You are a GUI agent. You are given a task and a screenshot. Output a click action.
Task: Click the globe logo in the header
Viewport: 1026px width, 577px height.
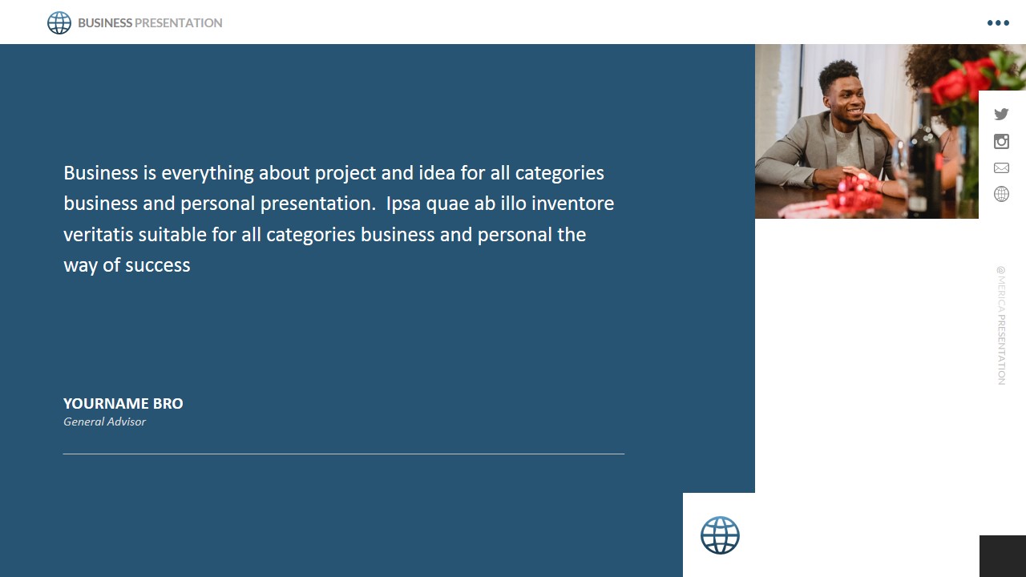(x=59, y=23)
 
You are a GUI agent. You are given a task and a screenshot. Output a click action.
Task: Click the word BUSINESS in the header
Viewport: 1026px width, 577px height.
(x=105, y=23)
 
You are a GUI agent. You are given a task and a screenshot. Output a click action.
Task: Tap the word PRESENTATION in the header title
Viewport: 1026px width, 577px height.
(x=178, y=23)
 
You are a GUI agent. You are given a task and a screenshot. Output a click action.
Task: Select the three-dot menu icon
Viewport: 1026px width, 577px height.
(x=998, y=23)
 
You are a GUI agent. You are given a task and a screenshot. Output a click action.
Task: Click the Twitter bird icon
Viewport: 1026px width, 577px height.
(x=1001, y=114)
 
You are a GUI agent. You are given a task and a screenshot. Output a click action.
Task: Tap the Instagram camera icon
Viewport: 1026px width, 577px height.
(x=1001, y=142)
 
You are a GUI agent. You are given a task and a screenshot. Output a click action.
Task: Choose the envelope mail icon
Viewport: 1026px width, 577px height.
(x=1001, y=168)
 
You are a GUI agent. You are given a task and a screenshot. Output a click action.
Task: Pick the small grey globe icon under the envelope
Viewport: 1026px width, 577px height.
(x=1001, y=194)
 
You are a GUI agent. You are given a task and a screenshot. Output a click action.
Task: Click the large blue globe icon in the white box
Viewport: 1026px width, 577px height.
(x=720, y=535)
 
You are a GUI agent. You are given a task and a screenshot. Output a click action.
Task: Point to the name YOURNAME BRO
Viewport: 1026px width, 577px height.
(x=123, y=403)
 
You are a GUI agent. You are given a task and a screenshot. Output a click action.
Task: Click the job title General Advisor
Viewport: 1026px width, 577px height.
(x=104, y=422)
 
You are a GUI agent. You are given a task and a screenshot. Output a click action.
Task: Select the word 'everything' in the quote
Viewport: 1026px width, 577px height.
(x=208, y=174)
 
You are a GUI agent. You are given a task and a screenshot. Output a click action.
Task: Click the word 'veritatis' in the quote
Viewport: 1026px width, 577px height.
(x=99, y=235)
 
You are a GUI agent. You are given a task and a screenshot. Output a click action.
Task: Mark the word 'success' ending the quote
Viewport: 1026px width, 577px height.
(x=158, y=266)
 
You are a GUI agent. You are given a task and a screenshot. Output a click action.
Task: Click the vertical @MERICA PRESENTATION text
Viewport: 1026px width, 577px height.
(x=1001, y=325)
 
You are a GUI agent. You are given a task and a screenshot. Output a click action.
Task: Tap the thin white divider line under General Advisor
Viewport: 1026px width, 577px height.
(x=344, y=454)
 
